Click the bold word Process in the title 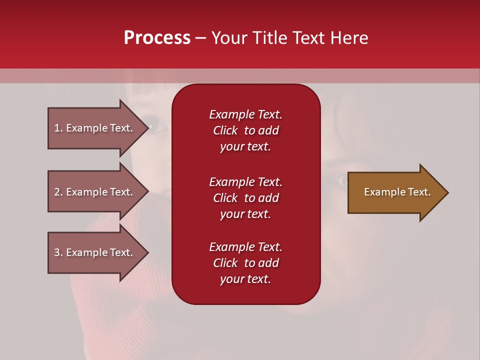pyautogui.click(x=157, y=37)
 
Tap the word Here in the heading pyautogui.click(x=349, y=37)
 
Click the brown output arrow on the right pyautogui.click(x=395, y=192)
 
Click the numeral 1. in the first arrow pyautogui.click(x=58, y=128)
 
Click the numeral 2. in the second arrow pyautogui.click(x=58, y=192)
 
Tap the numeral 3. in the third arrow pyautogui.click(x=58, y=252)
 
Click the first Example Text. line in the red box pyautogui.click(x=245, y=114)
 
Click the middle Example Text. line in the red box pyautogui.click(x=245, y=181)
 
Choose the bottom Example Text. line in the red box pyautogui.click(x=245, y=247)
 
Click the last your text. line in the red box pyautogui.click(x=245, y=279)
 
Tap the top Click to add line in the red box pyautogui.click(x=245, y=130)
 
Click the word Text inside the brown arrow pyautogui.click(x=419, y=192)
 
